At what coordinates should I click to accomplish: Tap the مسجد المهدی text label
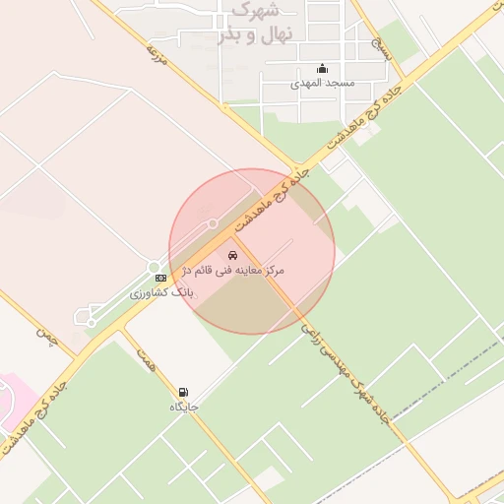tap(322, 84)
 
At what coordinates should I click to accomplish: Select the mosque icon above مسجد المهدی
tap(322, 68)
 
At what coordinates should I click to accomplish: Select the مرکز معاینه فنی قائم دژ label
tap(234, 270)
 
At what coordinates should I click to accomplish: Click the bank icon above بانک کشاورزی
tap(160, 280)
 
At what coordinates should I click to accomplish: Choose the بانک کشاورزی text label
tap(162, 293)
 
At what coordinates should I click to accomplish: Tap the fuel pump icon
tap(183, 392)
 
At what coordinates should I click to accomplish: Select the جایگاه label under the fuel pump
tap(183, 406)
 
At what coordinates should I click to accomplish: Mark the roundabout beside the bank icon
tap(154, 267)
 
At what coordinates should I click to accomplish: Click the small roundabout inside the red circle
tap(213, 224)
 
